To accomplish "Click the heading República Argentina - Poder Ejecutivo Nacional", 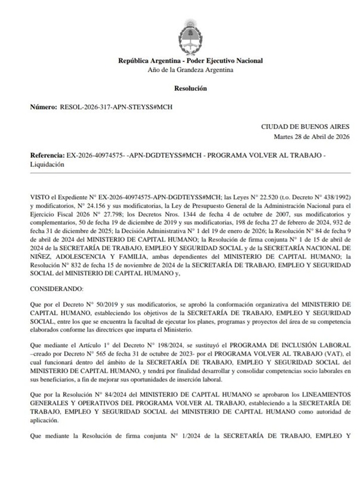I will [x=191, y=61].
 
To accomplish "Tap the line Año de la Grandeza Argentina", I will [x=191, y=70].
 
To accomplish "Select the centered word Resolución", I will [x=191, y=88].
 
